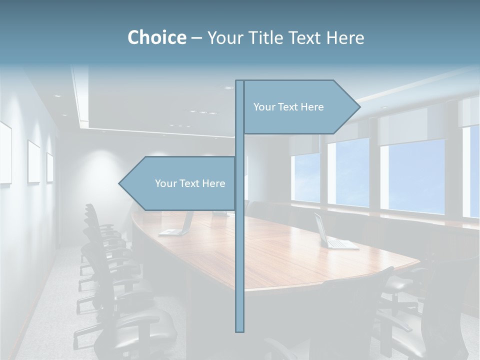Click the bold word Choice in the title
click(156, 37)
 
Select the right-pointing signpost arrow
click(300, 107)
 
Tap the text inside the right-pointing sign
click(288, 107)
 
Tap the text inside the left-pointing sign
click(190, 183)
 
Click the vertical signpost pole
click(239, 250)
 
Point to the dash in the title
click(196, 38)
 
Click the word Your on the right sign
click(263, 107)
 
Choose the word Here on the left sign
click(213, 183)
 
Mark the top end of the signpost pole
click(239, 81)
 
